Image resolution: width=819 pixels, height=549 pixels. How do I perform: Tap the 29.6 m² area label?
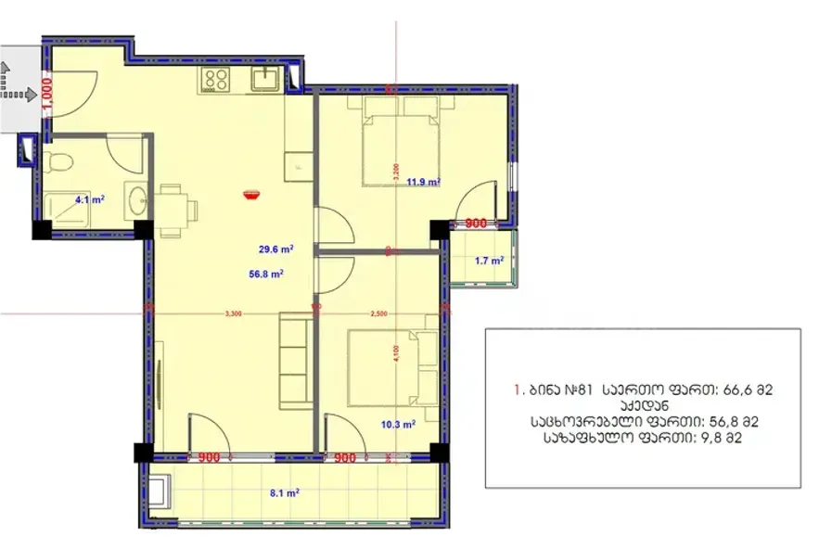(276, 249)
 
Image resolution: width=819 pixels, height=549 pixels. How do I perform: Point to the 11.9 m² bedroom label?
(423, 183)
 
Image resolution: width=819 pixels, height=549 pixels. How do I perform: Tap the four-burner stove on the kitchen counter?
(217, 80)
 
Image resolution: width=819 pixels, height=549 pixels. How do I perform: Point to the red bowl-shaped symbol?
(250, 193)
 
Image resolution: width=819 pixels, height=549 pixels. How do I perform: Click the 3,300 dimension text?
(233, 314)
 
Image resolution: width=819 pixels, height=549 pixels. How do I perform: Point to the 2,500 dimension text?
(378, 314)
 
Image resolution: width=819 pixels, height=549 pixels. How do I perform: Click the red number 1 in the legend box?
(516, 389)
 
